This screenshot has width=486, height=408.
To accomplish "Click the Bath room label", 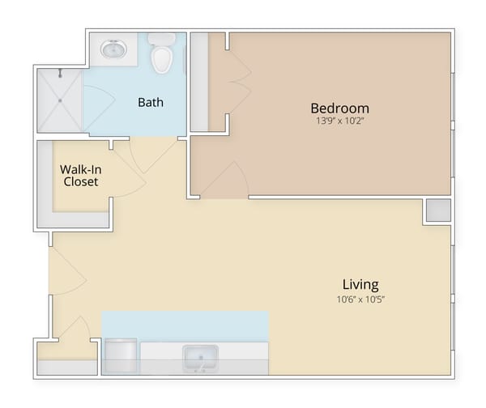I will coord(151,102).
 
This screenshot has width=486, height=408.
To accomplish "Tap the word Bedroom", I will coord(339,108).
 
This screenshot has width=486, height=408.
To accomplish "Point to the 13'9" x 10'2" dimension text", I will coord(340,123).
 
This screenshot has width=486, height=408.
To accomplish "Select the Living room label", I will coord(360,284).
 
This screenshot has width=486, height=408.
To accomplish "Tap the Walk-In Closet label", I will coord(79,176).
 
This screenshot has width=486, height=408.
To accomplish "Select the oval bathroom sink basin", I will coord(113,50).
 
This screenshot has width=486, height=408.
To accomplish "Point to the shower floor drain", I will coord(60,100).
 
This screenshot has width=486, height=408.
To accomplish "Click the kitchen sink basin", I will coord(198,356).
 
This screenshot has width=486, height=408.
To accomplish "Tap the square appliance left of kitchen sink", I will coord(122,356).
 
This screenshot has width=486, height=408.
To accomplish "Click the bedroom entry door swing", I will coord(228,180).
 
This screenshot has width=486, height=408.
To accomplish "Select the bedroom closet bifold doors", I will coord(236,81).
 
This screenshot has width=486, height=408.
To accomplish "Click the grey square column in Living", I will coord(437,210).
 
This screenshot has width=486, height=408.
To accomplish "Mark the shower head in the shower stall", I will coord(60,74).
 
